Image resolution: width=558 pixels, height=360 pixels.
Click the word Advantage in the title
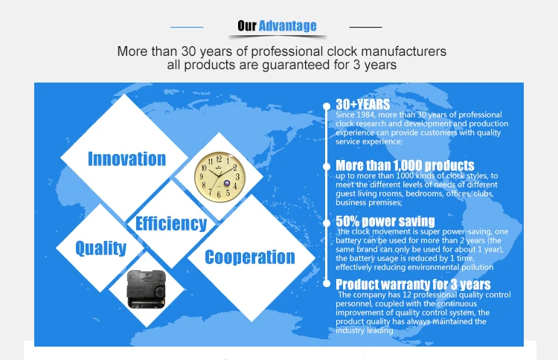point(287,26)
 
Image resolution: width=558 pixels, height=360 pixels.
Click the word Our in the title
point(247,26)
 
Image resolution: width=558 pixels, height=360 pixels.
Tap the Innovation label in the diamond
point(126,158)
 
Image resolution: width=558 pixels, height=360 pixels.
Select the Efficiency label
point(171,224)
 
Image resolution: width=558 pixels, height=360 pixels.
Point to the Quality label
point(101,248)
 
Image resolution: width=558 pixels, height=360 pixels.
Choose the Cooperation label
point(250,257)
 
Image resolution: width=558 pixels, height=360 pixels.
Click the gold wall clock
point(219,177)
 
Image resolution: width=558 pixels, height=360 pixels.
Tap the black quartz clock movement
point(147,289)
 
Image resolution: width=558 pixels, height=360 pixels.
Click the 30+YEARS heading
point(362,104)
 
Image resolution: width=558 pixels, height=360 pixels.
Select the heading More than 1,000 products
point(405,165)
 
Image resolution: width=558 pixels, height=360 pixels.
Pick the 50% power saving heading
point(385,221)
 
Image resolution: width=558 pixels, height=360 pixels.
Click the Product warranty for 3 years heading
point(413,284)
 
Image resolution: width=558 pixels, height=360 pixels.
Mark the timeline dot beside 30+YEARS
point(327,106)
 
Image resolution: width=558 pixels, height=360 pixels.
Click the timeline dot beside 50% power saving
point(327,223)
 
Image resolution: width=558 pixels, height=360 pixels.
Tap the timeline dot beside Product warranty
point(327,283)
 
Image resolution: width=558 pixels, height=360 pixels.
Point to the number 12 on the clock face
point(219,159)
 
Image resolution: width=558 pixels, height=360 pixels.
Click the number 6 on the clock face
point(219,195)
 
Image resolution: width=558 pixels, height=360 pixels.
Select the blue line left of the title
point(187,27)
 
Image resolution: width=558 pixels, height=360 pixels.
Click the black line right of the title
point(366,27)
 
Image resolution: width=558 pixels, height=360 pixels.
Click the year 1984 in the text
point(365,115)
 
